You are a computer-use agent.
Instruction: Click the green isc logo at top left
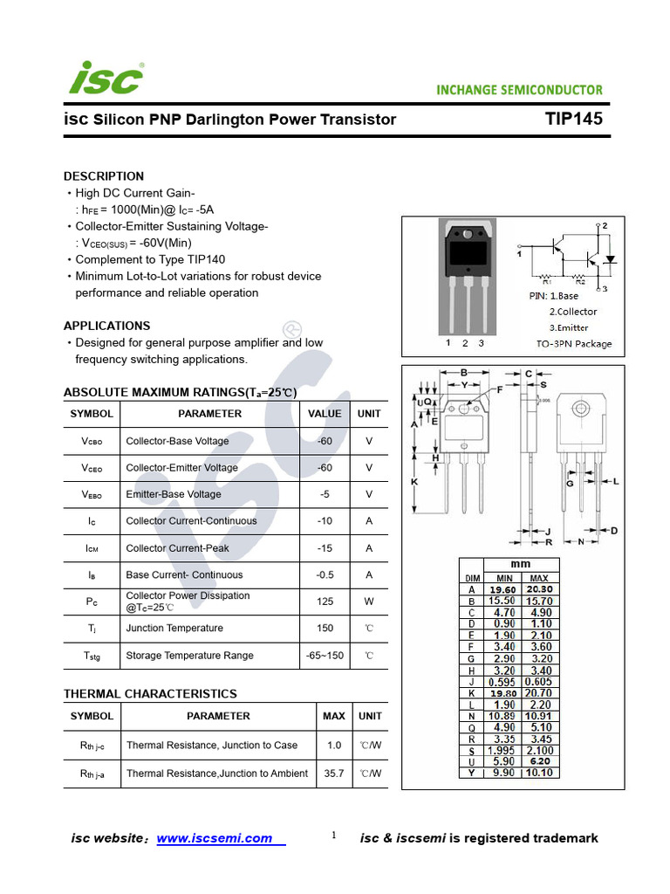coord(106,79)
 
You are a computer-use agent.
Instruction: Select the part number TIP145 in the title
coord(573,119)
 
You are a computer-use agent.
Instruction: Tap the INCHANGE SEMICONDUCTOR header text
coord(519,90)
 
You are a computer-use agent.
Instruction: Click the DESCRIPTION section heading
coord(104,175)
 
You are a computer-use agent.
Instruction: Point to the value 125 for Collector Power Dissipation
coord(325,602)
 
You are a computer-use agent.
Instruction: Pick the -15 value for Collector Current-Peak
coord(325,548)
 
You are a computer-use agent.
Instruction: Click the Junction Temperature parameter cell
coord(174,629)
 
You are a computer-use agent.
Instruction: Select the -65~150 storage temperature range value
coord(325,656)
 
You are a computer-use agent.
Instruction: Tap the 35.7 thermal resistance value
coord(333,774)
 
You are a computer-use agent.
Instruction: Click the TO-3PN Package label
coord(573,344)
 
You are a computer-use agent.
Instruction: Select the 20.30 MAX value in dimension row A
coord(538,589)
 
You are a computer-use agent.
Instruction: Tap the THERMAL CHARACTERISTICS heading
coord(150,694)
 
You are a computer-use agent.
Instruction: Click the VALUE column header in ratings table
coord(325,414)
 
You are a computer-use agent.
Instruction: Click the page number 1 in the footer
coord(333,836)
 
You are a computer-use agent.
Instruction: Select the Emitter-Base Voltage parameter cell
coord(174,494)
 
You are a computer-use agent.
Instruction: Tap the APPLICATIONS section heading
coord(106,326)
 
